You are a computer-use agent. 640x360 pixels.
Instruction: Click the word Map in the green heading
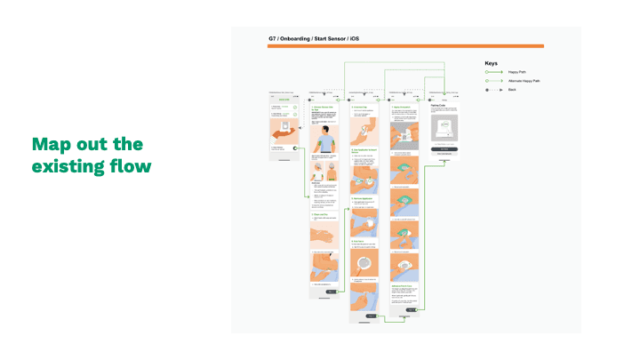click(x=50, y=144)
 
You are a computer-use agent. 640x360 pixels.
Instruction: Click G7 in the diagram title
click(x=272, y=39)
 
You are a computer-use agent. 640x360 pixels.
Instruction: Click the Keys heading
click(x=491, y=63)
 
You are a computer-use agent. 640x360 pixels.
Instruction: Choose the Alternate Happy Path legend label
click(x=524, y=81)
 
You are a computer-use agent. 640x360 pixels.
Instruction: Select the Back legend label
click(x=512, y=91)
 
